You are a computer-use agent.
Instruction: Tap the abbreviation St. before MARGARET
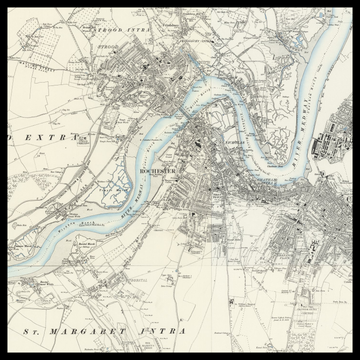[30, 327]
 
